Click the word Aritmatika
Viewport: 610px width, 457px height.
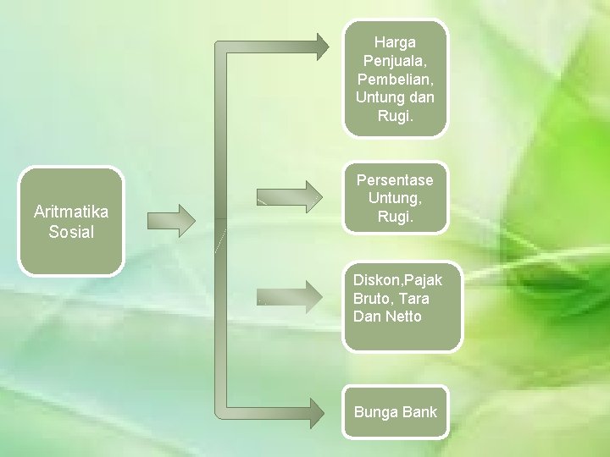(x=71, y=212)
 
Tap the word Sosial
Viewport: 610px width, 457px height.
(x=71, y=232)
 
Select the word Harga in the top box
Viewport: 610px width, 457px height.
(x=395, y=41)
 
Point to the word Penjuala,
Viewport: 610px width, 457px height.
(x=395, y=60)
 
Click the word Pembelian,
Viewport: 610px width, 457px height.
(x=395, y=79)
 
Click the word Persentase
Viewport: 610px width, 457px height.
(x=395, y=179)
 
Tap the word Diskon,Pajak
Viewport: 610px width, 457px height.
(x=397, y=279)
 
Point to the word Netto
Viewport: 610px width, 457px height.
(x=402, y=317)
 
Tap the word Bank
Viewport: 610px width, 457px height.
(x=420, y=412)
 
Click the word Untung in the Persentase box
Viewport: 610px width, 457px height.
(x=395, y=198)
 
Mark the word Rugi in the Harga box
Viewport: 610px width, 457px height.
(x=395, y=116)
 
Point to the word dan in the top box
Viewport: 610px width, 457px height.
(x=421, y=97)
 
